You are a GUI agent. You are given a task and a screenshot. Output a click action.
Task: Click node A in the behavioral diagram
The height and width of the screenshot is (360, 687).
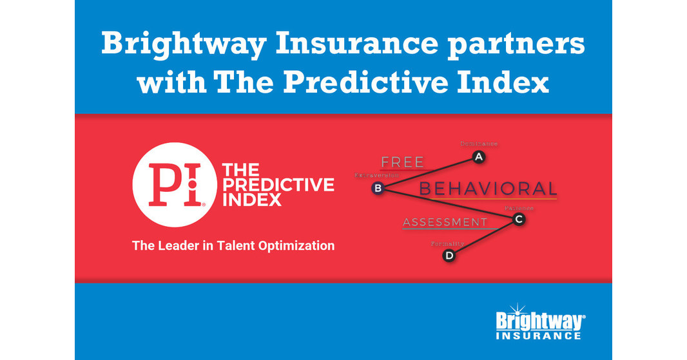pyautogui.click(x=478, y=156)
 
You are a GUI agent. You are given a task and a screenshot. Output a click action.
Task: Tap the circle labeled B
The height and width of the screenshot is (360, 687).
pyautogui.click(x=378, y=188)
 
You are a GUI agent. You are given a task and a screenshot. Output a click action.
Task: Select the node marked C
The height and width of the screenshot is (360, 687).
pyautogui.click(x=519, y=220)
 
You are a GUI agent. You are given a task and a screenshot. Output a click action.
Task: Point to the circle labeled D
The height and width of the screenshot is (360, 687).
pyautogui.click(x=449, y=256)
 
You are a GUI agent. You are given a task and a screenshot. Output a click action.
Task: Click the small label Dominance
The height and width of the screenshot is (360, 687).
pyautogui.click(x=478, y=144)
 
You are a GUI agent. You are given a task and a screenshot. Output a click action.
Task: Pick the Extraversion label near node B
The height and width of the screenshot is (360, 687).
pyautogui.click(x=377, y=175)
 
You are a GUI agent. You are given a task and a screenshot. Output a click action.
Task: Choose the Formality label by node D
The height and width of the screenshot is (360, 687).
pyautogui.click(x=447, y=243)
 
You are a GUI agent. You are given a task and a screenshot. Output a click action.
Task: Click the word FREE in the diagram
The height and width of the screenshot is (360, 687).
pyautogui.click(x=403, y=162)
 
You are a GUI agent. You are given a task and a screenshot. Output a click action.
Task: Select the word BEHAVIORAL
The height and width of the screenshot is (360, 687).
pyautogui.click(x=488, y=189)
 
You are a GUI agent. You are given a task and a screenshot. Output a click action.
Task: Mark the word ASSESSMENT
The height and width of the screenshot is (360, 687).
pyautogui.click(x=445, y=222)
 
